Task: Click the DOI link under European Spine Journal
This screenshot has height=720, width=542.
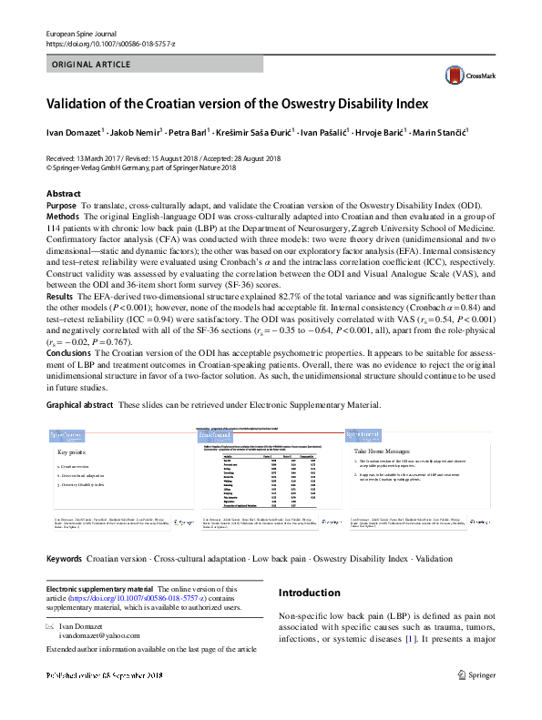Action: point(110,43)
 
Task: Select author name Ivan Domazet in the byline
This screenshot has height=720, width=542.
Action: point(74,134)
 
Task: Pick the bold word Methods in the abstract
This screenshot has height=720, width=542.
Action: point(63,218)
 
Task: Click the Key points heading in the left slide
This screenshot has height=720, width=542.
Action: point(74,451)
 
